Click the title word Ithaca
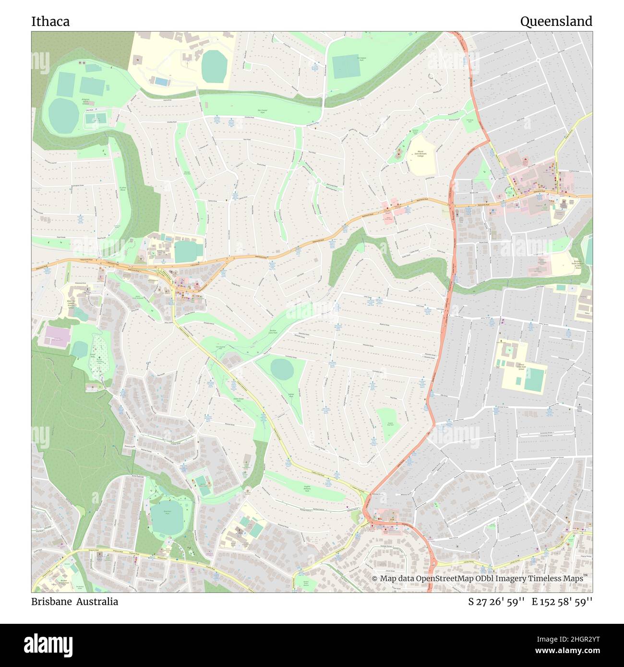[50, 22]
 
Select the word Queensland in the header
[556, 22]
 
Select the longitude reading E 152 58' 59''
[562, 602]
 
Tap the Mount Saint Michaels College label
[420, 154]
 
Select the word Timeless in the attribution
[545, 579]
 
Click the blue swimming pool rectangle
[161, 83]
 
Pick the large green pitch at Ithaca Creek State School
[534, 379]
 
